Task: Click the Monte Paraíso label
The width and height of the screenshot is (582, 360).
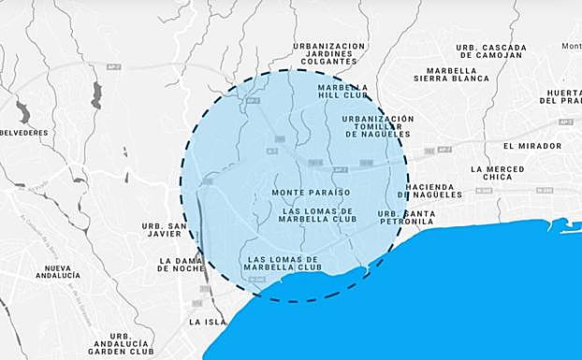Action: click(x=310, y=193)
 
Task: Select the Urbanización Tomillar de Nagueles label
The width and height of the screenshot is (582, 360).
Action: click(x=378, y=126)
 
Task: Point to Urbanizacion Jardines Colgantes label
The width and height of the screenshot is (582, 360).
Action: click(x=329, y=54)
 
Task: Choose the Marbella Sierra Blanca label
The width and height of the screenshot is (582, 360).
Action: click(x=458, y=75)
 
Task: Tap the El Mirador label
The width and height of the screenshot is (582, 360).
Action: click(x=532, y=146)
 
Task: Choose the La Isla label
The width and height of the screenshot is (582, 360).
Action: click(x=207, y=322)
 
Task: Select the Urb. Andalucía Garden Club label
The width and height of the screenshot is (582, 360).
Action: click(x=121, y=343)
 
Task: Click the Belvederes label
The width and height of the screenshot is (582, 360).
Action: click(x=23, y=133)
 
